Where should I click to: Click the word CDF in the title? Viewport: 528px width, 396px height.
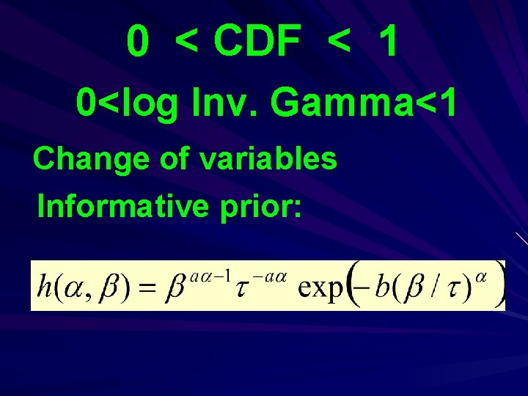click(257, 42)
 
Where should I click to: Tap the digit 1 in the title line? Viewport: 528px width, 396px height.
click(389, 42)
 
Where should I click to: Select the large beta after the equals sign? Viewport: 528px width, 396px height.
click(176, 285)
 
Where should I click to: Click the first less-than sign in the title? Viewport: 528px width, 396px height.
click(187, 42)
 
